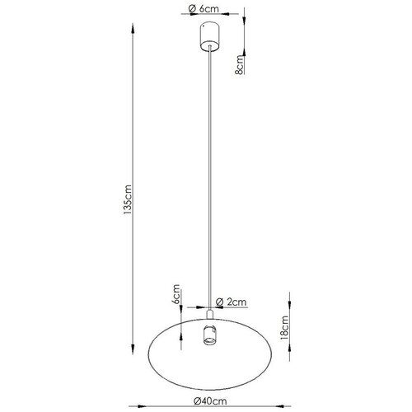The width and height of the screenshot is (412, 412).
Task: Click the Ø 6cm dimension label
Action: coord(204,9)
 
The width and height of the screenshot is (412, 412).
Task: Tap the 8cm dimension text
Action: coord(240,64)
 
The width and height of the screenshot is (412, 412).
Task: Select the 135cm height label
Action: coord(128,199)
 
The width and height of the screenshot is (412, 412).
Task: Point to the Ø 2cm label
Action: coord(231,302)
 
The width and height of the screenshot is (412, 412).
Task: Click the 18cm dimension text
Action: coord(284,328)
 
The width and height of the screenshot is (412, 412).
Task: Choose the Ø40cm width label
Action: coord(210,401)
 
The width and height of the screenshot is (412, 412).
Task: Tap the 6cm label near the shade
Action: coord(176,294)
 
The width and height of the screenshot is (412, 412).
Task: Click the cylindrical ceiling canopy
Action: coord(210,37)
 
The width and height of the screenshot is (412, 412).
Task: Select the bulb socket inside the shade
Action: coord(210,335)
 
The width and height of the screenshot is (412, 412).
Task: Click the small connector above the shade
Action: coord(210,314)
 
